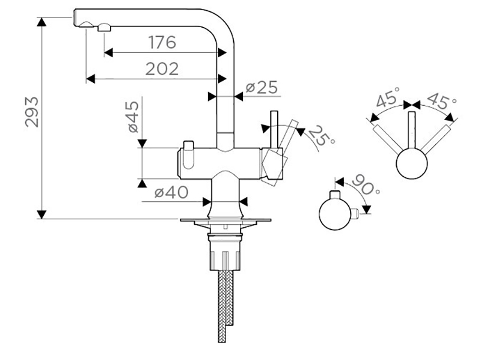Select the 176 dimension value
(161, 43)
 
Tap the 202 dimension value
(161, 69)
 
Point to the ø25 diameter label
(261, 88)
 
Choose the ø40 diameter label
(171, 193)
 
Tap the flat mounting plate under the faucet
(224, 221)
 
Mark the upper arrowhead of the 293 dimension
(41, 22)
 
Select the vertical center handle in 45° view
(411, 129)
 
